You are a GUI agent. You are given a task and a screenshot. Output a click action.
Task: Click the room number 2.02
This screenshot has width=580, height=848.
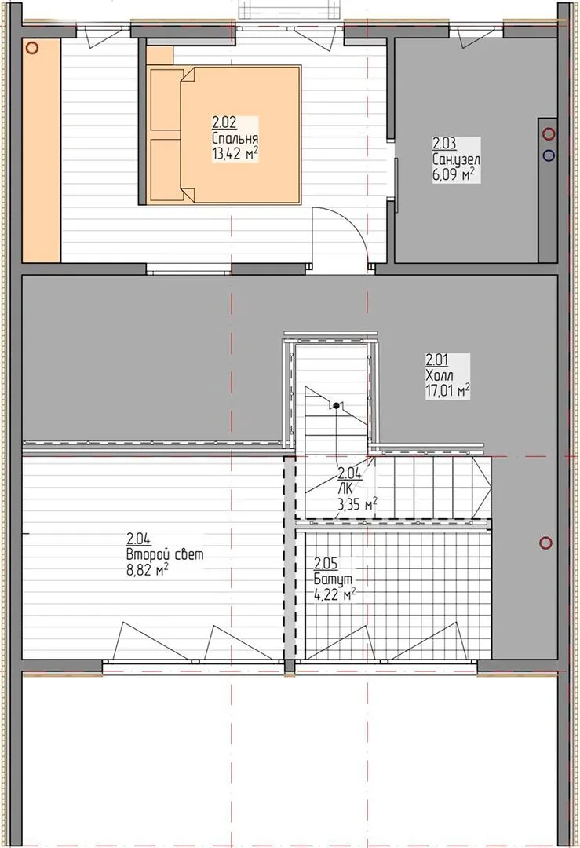224,122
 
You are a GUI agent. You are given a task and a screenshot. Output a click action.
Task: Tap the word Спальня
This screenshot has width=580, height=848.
235,138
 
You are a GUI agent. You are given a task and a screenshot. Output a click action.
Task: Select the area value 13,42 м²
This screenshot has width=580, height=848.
235,154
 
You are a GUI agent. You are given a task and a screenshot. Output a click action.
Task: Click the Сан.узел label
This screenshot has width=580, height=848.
456,159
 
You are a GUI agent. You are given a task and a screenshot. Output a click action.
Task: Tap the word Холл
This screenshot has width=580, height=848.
440,375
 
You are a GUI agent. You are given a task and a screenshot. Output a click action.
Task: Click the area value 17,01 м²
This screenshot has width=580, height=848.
447,390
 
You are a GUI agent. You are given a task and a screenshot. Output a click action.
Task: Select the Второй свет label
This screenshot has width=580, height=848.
166,554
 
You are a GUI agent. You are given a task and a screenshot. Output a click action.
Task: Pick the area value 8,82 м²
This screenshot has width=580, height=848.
148,569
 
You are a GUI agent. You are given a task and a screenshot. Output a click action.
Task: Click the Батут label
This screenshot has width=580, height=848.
333,579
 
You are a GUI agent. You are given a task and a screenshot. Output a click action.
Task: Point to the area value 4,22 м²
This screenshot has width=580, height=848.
334,594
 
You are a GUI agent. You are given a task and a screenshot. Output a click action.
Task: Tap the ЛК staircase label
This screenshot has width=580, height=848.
345,489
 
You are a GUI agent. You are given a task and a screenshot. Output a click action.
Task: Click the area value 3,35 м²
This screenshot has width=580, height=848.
357,505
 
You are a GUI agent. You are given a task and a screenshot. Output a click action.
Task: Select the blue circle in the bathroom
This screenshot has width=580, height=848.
549,155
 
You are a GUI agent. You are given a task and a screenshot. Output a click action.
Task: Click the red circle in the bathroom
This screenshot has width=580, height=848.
549,133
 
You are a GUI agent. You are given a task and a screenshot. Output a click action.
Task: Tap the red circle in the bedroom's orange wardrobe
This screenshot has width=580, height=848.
32,48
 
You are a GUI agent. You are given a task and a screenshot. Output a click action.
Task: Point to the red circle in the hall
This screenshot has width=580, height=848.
546,543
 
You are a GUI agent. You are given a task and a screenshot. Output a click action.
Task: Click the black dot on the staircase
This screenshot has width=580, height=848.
336,405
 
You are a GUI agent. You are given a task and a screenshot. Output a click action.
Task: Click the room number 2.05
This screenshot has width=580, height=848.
326,564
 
